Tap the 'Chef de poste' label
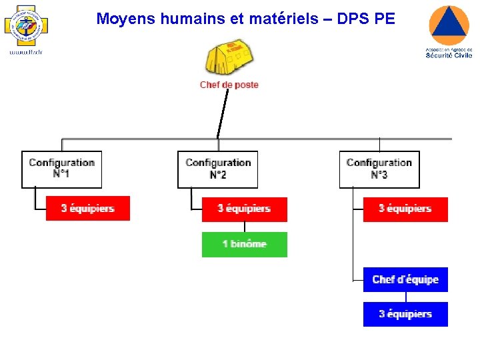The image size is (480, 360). coord(229,85)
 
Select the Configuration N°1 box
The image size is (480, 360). coord(62,169)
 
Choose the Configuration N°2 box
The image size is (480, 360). coord(218,169)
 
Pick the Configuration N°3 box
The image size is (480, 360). coord(379,169)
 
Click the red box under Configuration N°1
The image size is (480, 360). coord(88,208)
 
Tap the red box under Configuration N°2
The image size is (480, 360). coord(245,209)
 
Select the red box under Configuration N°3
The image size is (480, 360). coord(405,209)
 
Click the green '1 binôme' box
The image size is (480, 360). coord(245,244)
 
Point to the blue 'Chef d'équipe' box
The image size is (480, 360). coord(405,279)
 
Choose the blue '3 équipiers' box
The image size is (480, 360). coord(405,314)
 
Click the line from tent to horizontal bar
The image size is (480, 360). coord(222,113)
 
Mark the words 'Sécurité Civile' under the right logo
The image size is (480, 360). coord(449,55)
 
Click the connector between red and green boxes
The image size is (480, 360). coord(245,227)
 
